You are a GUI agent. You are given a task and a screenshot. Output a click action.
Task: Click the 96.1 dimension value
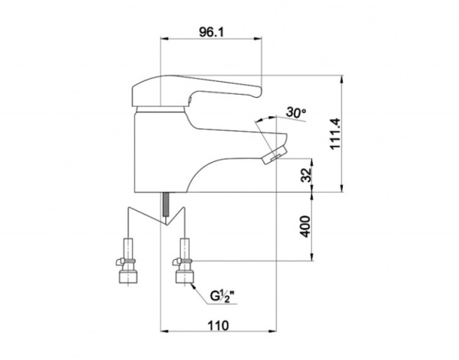(x=211, y=32)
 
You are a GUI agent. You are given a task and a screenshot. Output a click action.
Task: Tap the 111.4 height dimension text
(x=335, y=134)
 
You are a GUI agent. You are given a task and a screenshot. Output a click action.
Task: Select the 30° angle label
(x=295, y=112)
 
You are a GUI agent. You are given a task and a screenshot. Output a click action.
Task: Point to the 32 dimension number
(x=307, y=175)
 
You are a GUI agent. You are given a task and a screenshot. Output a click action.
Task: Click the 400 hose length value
(x=305, y=226)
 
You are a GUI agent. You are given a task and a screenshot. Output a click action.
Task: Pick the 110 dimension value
(x=218, y=325)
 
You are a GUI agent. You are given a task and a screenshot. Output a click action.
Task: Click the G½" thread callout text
(x=223, y=297)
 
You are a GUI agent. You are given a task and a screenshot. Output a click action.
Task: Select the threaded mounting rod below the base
(x=166, y=204)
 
